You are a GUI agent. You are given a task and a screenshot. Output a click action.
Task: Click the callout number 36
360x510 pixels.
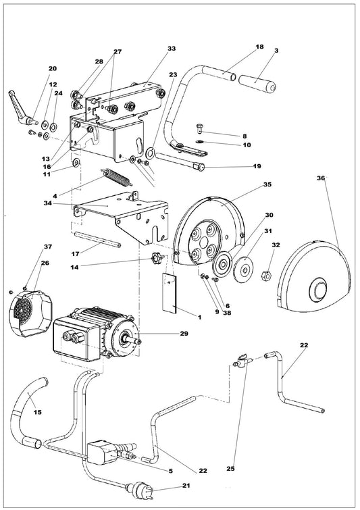(x=321, y=178)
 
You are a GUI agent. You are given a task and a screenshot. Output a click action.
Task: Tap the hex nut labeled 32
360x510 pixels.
(x=266, y=275)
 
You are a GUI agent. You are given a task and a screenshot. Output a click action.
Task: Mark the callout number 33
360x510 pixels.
(x=171, y=49)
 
